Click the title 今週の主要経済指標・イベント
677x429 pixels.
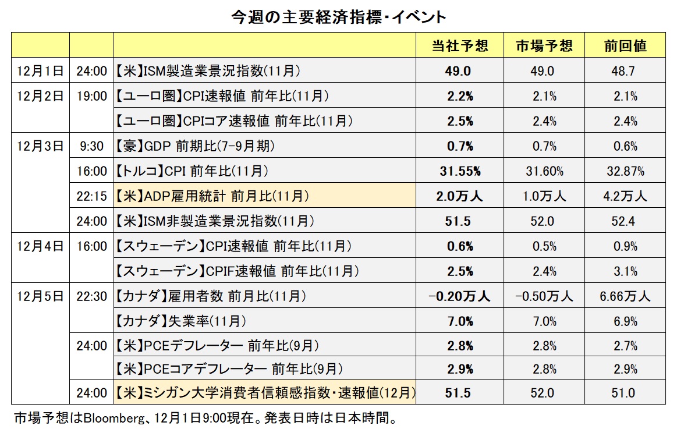(x=338, y=17)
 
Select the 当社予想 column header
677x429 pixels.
(x=459, y=46)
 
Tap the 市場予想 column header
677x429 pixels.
(x=544, y=46)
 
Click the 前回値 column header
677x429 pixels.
(x=625, y=46)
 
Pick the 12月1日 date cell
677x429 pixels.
(x=40, y=71)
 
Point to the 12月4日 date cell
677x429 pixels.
(x=40, y=246)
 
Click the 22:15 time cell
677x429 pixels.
(x=92, y=196)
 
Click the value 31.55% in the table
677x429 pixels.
(x=459, y=171)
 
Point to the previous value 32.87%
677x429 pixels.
(x=625, y=171)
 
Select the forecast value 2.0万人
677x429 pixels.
(x=459, y=196)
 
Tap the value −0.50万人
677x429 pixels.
(x=544, y=296)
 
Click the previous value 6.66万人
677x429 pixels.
(x=625, y=296)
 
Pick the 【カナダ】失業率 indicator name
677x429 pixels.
(x=180, y=321)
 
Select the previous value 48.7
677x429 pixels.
(x=625, y=71)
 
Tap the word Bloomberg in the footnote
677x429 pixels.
(x=112, y=418)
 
